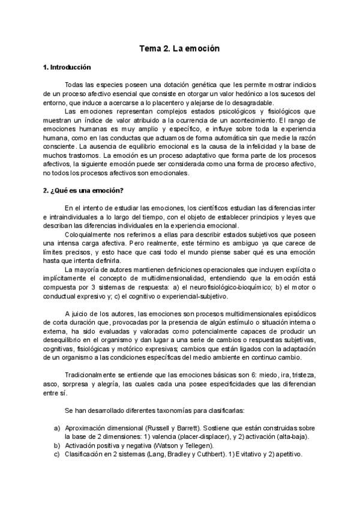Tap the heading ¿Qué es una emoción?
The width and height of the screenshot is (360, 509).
coord(83,191)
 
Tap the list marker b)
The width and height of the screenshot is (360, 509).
coord(57,447)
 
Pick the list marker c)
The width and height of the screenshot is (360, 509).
coord(57,456)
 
